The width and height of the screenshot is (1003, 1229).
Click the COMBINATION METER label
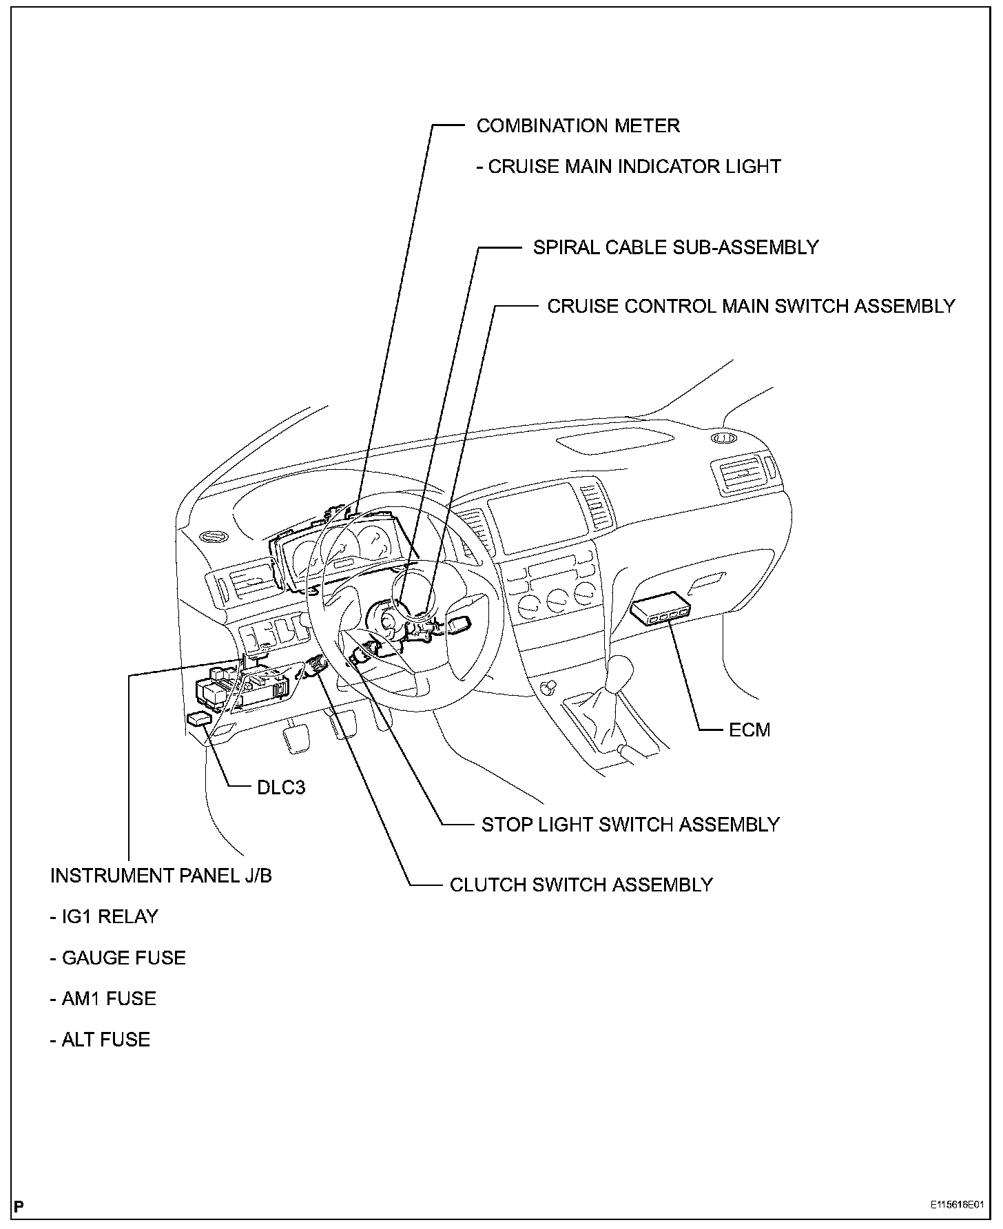click(578, 126)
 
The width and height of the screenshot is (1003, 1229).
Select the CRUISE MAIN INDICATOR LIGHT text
click(628, 167)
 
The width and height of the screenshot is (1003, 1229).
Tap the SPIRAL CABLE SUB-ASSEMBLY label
click(675, 247)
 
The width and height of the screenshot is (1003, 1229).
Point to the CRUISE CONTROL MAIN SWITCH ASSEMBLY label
click(751, 306)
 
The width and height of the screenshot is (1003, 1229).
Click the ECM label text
click(749, 730)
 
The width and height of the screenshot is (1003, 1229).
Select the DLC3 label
click(281, 787)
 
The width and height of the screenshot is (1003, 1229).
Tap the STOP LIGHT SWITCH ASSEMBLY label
click(630, 825)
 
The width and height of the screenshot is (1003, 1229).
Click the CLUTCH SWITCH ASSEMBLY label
click(581, 885)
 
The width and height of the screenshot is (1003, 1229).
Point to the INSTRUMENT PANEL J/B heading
click(161, 876)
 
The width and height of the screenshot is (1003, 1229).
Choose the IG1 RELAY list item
click(105, 917)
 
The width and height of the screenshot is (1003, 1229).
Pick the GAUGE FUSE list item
click(118, 958)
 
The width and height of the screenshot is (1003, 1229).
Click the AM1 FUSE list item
click(103, 999)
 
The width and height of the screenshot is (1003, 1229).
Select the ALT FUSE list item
click(101, 1040)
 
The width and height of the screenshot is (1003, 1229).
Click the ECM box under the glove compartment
click(660, 609)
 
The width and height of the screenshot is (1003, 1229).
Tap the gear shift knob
click(620, 668)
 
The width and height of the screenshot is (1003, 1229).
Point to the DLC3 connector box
click(199, 719)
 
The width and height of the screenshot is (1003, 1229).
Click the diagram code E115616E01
click(957, 1206)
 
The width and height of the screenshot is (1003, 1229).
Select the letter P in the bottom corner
click(19, 1206)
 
